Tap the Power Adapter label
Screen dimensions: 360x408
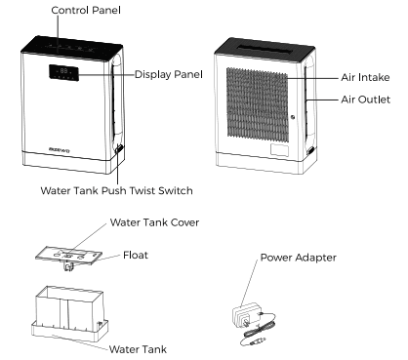299,260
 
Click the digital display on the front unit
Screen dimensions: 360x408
65,71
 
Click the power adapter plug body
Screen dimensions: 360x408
242,314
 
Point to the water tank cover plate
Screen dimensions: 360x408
70,249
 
